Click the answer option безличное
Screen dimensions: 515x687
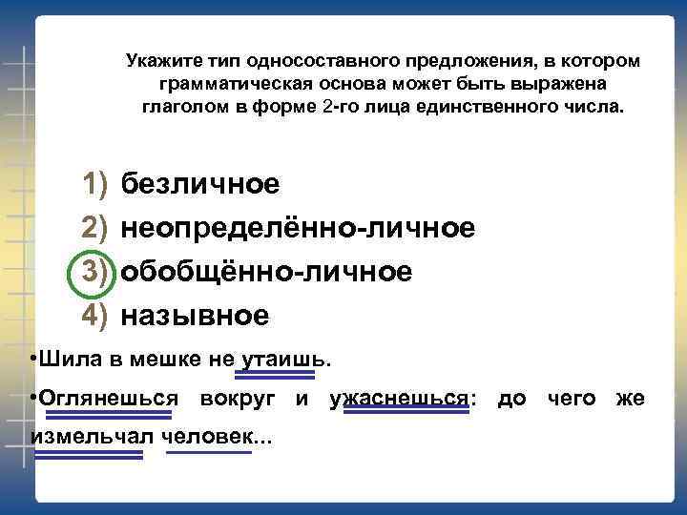(199, 183)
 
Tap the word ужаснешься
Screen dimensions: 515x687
(400, 397)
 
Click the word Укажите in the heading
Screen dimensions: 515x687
(161, 61)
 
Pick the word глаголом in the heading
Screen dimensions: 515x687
(185, 105)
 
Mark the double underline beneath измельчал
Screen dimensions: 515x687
(88, 456)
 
